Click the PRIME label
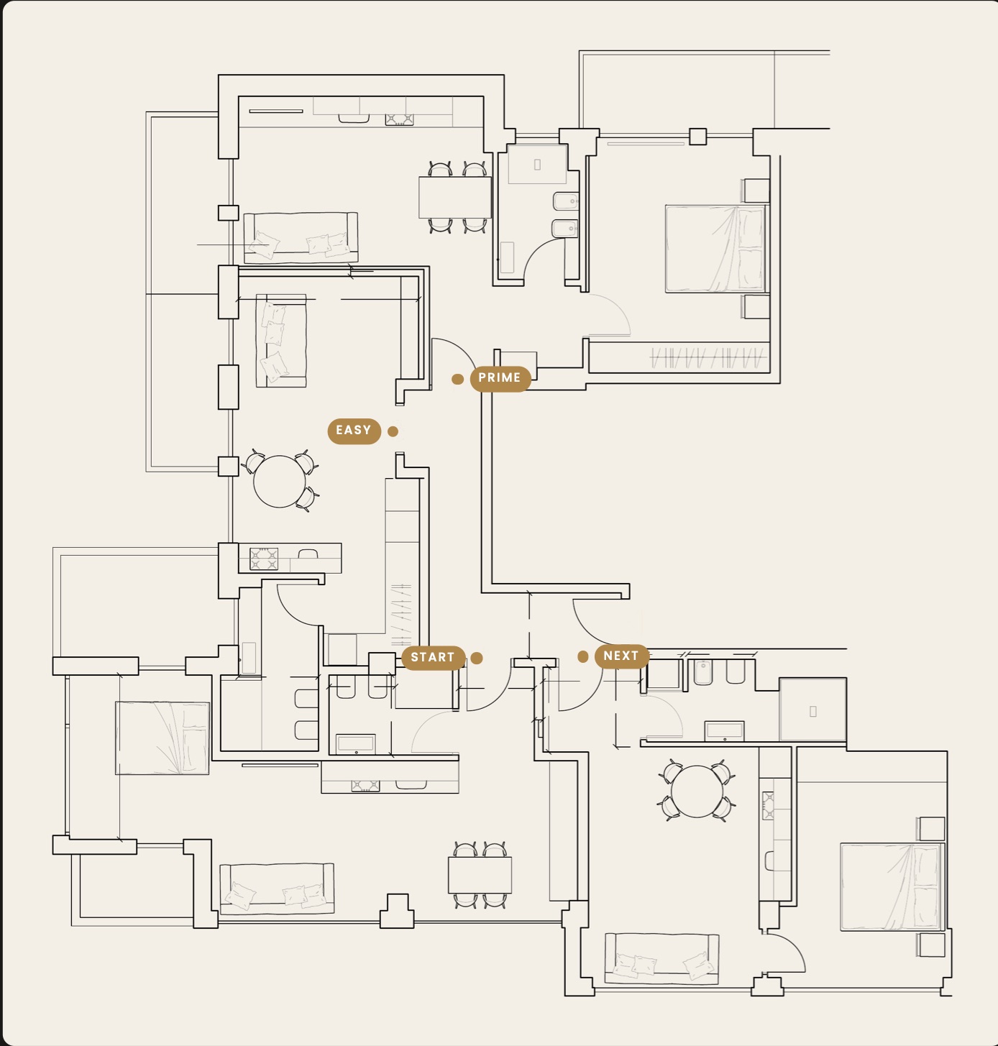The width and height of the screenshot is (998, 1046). coord(500,378)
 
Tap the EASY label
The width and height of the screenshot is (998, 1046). coord(354,431)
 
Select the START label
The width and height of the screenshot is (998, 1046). coord(433,658)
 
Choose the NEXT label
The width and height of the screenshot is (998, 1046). coord(621,656)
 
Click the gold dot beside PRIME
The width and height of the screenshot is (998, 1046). coord(457,380)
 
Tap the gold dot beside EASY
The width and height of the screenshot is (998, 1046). coord(393,431)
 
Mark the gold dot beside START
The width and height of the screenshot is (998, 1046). coord(477,658)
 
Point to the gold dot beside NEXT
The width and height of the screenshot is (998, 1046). coord(583,656)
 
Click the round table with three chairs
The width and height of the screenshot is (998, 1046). coord(280,482)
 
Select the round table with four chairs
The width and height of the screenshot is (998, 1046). coord(697,792)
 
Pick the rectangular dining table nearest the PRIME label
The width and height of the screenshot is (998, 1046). coord(454,198)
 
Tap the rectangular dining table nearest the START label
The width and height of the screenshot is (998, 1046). coord(480,875)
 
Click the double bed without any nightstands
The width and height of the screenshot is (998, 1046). coord(162,738)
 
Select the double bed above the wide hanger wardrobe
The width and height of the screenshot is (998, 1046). coord(716,249)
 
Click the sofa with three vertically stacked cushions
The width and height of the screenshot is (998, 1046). coord(281,341)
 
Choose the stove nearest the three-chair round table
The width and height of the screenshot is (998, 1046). coord(264,559)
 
